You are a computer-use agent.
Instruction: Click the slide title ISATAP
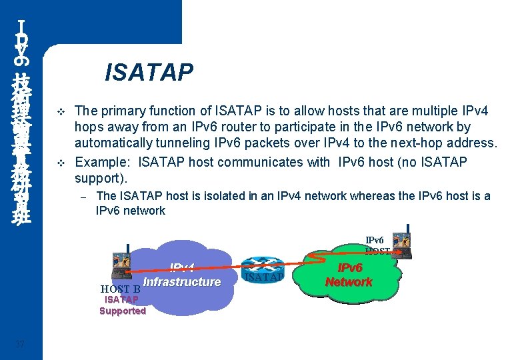pyautogui.click(x=149, y=71)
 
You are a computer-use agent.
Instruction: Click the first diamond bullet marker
pyautogui.click(x=61, y=110)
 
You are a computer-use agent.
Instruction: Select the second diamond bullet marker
pyautogui.click(x=61, y=163)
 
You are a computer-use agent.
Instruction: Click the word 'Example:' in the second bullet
pyautogui.click(x=100, y=161)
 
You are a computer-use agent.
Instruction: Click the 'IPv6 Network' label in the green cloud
pyautogui.click(x=349, y=275)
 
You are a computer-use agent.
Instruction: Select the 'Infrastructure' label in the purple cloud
pyautogui.click(x=181, y=282)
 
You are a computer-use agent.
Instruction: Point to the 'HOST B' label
pyautogui.click(x=120, y=289)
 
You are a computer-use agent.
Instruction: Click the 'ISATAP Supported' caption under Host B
pyautogui.click(x=122, y=305)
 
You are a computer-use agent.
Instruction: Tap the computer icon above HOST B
pyautogui.click(x=122, y=262)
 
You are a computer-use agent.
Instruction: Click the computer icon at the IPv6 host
pyautogui.click(x=402, y=243)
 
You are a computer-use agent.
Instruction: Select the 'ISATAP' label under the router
pyautogui.click(x=265, y=277)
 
